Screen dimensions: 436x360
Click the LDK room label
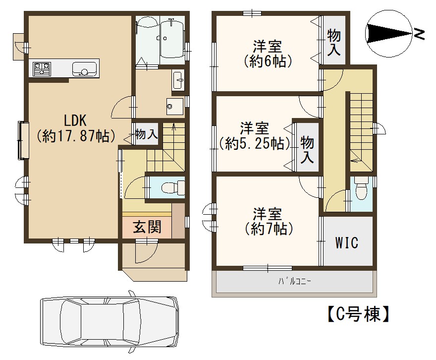click(x=75, y=129)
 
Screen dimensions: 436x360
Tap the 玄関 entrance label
click(x=147, y=227)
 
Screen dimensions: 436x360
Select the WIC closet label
click(x=346, y=242)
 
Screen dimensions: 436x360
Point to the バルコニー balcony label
click(x=295, y=282)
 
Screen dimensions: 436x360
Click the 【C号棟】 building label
click(x=358, y=314)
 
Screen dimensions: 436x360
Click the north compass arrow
click(x=389, y=33)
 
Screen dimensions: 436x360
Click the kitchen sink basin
click(x=84, y=69)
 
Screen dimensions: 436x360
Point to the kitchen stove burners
click(x=42, y=69)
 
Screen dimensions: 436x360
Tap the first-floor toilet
click(x=173, y=187)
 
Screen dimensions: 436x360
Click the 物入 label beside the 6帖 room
click(x=333, y=42)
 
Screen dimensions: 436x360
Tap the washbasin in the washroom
click(x=178, y=80)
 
